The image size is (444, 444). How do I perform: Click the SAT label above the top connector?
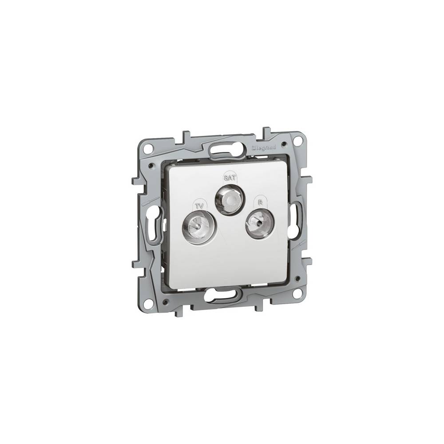tap(230, 178)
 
